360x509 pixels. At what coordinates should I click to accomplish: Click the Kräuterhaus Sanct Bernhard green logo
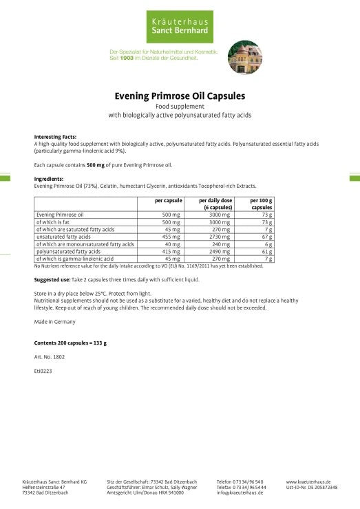coord(180,27)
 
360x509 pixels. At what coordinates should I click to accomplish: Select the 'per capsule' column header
coord(168,199)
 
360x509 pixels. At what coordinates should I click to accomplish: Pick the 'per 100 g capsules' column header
coord(262,203)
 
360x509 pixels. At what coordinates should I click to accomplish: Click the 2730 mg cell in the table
coord(219,236)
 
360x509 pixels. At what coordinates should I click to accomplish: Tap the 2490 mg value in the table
coord(219,251)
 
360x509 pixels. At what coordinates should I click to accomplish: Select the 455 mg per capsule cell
coord(171,236)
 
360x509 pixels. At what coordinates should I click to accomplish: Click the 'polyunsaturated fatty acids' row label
coord(68,251)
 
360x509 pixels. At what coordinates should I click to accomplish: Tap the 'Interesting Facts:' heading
coord(55,137)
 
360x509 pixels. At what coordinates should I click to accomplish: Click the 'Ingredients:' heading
coord(49,178)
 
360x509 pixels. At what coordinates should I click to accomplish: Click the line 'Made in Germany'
coord(54,321)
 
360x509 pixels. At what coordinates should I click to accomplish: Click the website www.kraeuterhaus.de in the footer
coord(308,481)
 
